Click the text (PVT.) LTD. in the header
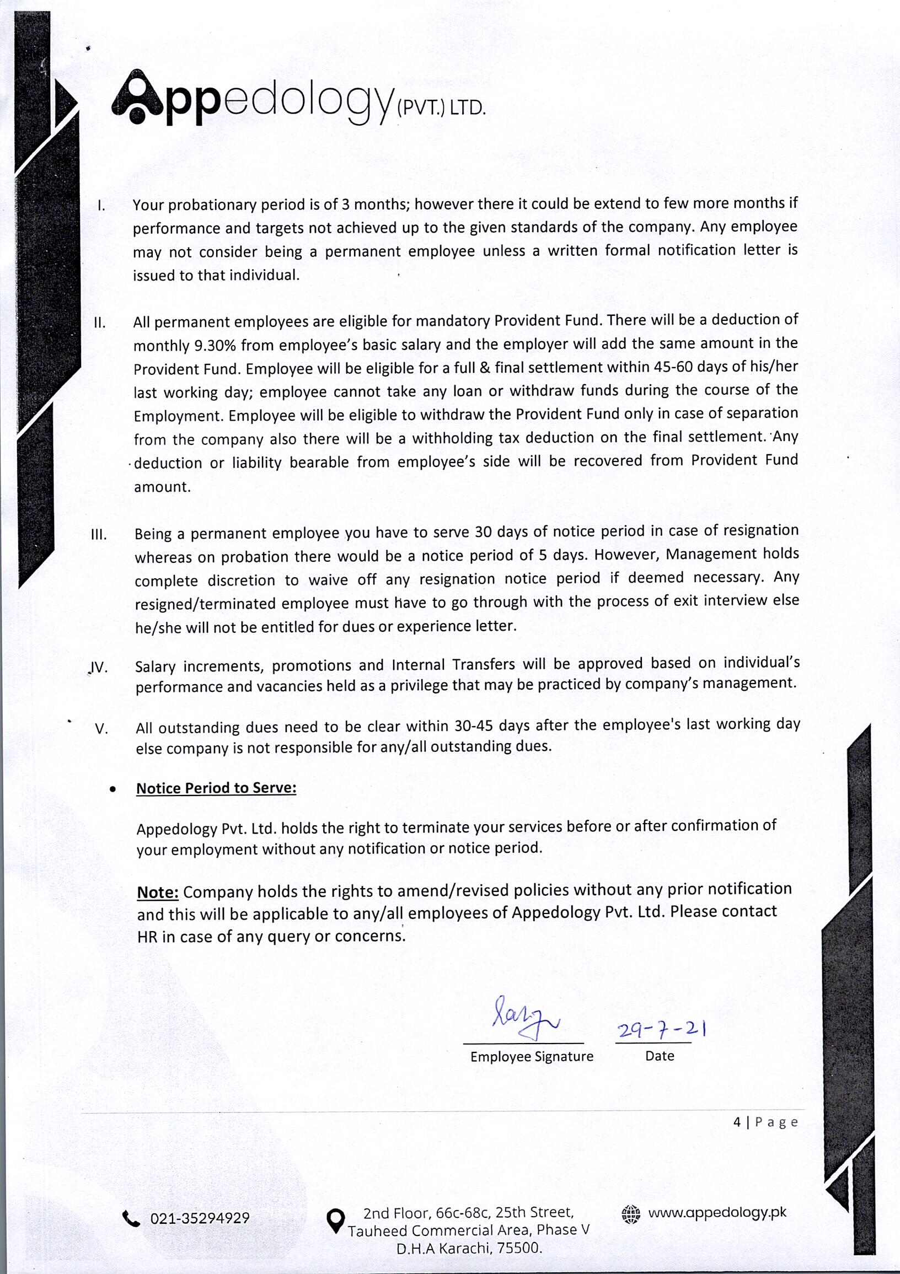441,107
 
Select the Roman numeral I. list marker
101,206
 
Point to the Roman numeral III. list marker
99,535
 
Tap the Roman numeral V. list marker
101,729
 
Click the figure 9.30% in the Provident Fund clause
215,346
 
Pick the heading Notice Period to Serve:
216,788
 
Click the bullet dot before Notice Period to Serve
114,789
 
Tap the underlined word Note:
158,893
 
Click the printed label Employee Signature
531,1056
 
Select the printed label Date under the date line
659,1056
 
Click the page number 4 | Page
765,1122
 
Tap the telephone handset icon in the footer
131,1219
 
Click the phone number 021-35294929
200,1219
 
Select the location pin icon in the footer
335,1220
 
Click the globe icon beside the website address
631,1214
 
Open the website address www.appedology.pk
717,1213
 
